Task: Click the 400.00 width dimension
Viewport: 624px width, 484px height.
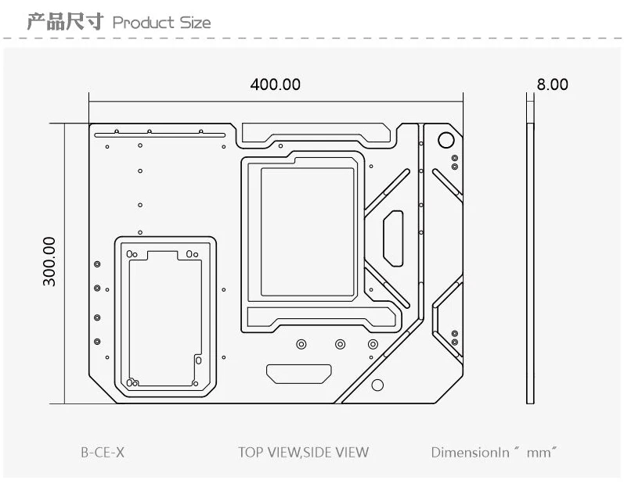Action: (x=275, y=84)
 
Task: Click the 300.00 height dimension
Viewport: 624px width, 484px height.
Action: (x=49, y=261)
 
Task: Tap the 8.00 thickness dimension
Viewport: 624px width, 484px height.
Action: (x=553, y=84)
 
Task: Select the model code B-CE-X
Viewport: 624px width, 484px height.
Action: (x=102, y=452)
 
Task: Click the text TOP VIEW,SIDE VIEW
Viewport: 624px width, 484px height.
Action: (x=303, y=452)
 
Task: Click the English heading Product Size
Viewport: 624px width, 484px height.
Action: (x=161, y=22)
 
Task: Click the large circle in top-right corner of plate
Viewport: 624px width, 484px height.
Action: (x=445, y=141)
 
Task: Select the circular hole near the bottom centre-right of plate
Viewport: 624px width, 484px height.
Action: (x=377, y=385)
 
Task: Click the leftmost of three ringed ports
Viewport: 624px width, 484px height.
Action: (x=301, y=344)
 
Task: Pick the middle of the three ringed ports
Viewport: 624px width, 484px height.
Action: (x=340, y=344)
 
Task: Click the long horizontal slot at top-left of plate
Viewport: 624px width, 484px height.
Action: (x=161, y=134)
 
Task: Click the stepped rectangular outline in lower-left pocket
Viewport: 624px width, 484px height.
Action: (x=164, y=317)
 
